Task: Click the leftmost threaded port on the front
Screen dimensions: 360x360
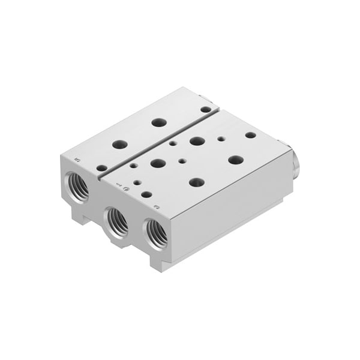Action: tap(77, 187)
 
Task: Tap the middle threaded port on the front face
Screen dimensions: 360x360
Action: tap(118, 223)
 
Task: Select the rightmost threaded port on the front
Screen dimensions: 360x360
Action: tap(156, 233)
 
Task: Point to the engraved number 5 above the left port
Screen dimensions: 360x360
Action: tap(78, 159)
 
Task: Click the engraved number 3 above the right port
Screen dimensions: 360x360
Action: tap(157, 207)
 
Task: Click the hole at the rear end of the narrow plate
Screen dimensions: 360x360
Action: tap(206, 109)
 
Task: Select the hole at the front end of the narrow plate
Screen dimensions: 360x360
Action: tap(102, 168)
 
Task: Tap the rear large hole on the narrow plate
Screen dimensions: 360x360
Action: tap(159, 122)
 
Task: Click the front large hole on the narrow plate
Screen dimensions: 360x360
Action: tap(120, 145)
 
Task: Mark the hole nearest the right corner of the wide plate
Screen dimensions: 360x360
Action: tap(250, 135)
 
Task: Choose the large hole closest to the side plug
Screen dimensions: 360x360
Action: tap(236, 160)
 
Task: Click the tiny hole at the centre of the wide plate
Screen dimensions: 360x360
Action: tap(182, 161)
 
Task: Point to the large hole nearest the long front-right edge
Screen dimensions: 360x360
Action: tap(196, 182)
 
